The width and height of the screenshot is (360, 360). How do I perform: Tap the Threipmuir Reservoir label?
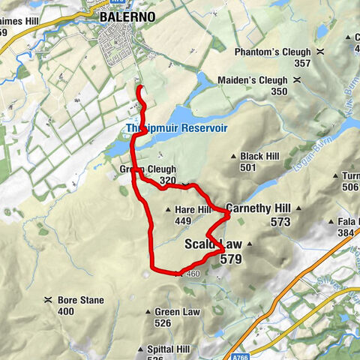pos(176,128)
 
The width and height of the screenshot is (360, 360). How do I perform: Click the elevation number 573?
pos(280,222)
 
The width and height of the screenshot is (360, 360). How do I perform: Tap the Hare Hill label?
pos(192,210)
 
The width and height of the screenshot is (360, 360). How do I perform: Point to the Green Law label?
pos(177,312)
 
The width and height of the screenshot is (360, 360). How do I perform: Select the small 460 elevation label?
pos(193,274)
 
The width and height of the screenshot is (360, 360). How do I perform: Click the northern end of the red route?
pos(139,89)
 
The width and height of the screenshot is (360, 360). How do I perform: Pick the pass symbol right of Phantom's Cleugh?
pos(320,52)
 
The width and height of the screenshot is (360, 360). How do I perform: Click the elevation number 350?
pos(279,91)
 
